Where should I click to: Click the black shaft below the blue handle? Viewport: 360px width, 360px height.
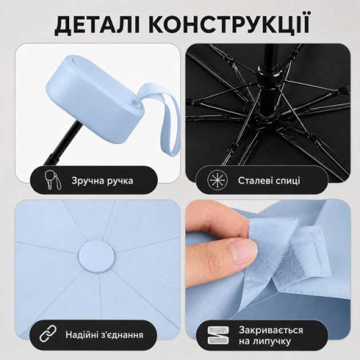click(x=62, y=143)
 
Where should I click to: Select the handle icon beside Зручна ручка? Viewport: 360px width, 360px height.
click(x=53, y=180)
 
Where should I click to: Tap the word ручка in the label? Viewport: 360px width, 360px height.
click(x=120, y=181)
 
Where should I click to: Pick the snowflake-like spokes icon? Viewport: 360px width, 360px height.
click(x=217, y=180)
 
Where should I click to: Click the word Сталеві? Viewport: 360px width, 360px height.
click(x=253, y=181)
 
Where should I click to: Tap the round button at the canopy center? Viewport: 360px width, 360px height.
click(x=97, y=257)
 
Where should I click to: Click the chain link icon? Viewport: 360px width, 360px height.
click(x=48, y=334)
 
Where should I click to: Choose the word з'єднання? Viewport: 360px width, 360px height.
click(x=123, y=335)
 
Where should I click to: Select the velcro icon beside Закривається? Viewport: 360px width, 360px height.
click(x=218, y=336)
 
